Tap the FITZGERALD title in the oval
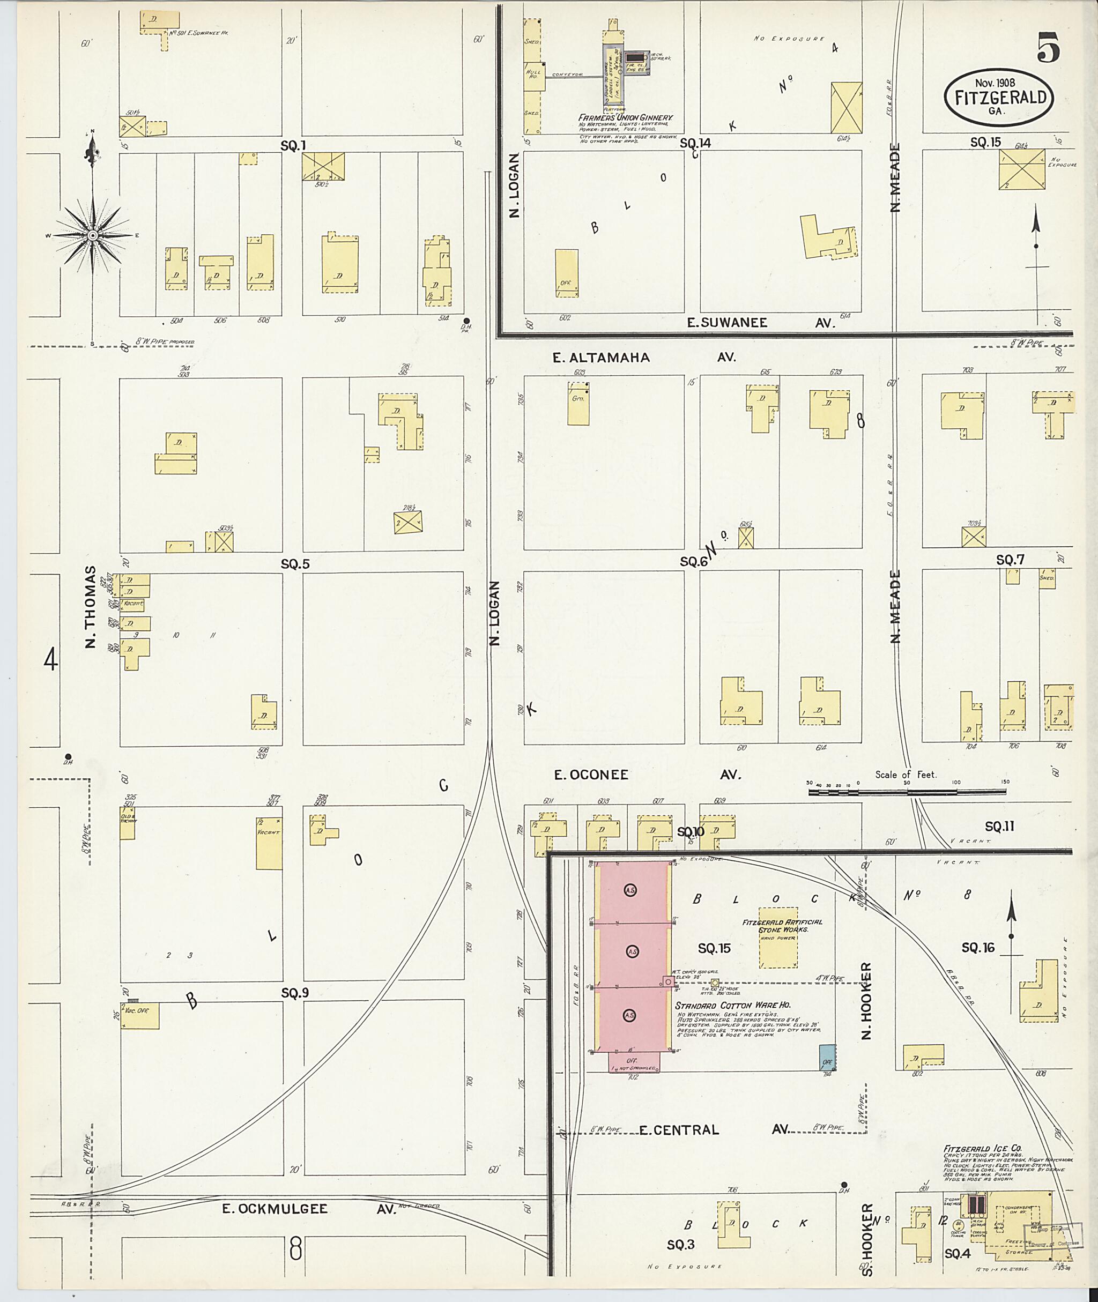[x=999, y=98]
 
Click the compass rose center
[x=92, y=235]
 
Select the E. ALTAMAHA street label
[x=602, y=357]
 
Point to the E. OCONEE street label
[x=591, y=775]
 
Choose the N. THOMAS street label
[x=91, y=607]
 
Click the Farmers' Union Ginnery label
[x=626, y=117]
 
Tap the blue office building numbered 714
[x=827, y=1058]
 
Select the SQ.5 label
[x=295, y=564]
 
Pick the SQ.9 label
[x=295, y=993]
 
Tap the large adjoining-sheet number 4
[x=51, y=660]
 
